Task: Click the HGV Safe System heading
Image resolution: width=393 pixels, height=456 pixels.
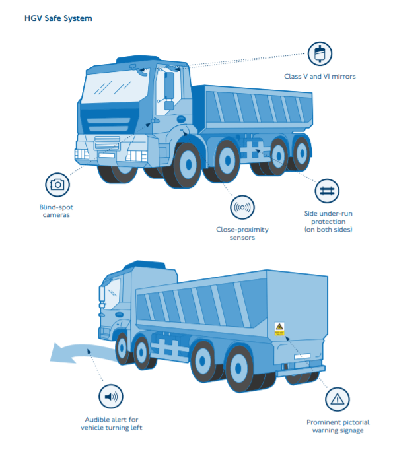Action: click(x=58, y=18)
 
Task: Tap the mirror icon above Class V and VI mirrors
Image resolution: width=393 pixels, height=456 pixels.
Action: click(x=320, y=54)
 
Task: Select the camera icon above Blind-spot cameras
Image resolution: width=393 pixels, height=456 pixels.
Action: click(x=57, y=185)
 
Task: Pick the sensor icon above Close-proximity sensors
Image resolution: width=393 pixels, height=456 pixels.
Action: click(x=242, y=207)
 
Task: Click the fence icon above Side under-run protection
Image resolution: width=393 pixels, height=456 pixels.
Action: click(x=327, y=191)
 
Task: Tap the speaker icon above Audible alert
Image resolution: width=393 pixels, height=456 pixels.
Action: click(x=111, y=397)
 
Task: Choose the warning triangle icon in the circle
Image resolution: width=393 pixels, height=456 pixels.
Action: click(x=338, y=399)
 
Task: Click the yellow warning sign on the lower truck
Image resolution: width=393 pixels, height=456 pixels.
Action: click(x=279, y=329)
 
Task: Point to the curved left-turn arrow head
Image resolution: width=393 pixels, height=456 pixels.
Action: click(x=59, y=353)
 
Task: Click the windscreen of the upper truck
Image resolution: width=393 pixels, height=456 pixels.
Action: click(x=116, y=86)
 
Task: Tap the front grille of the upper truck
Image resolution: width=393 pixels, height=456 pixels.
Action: click(x=107, y=143)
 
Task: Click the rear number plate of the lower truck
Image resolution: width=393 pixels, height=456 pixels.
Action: click(x=302, y=356)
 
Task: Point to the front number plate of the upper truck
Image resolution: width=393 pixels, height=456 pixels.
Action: click(x=106, y=155)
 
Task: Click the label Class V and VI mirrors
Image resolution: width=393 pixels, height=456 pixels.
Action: click(x=320, y=76)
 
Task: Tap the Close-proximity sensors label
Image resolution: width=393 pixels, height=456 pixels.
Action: click(x=242, y=233)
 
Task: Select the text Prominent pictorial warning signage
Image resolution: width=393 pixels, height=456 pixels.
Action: click(x=338, y=426)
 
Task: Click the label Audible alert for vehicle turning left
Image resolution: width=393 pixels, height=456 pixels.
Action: click(x=112, y=424)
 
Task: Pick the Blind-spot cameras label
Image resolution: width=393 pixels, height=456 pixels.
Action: click(x=56, y=211)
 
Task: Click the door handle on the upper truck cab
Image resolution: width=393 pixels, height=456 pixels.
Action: click(x=181, y=119)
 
